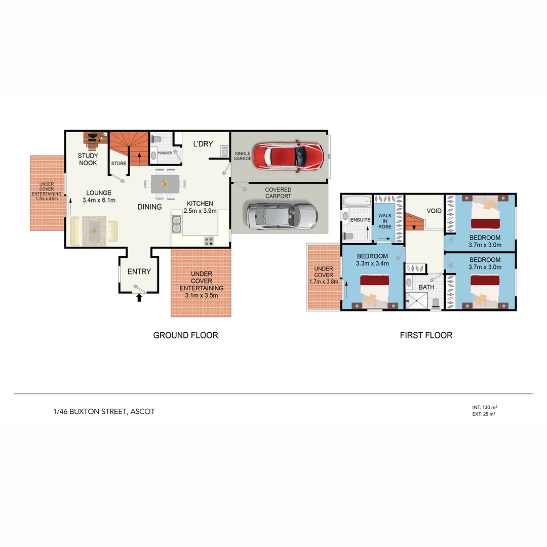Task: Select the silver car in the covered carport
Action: pyautogui.click(x=282, y=216)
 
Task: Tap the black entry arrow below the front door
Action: pyautogui.click(x=139, y=298)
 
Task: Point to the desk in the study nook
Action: pyautogui.click(x=92, y=140)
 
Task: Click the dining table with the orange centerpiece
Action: pyautogui.click(x=165, y=183)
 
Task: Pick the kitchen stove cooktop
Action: pyautogui.click(x=209, y=241)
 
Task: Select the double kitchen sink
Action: pyautogui.click(x=177, y=223)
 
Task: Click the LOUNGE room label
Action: pyautogui.click(x=98, y=193)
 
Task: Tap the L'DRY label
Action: pyautogui.click(x=203, y=144)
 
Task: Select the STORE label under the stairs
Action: pyautogui.click(x=119, y=164)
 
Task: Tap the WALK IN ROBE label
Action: pyautogui.click(x=385, y=221)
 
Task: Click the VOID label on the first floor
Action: pyautogui.click(x=434, y=211)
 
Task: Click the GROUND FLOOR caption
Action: pyautogui.click(x=185, y=335)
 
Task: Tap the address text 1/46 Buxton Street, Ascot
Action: pyautogui.click(x=104, y=412)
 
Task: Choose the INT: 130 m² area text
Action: pyautogui.click(x=483, y=407)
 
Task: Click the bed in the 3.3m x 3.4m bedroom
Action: pyautogui.click(x=374, y=290)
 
